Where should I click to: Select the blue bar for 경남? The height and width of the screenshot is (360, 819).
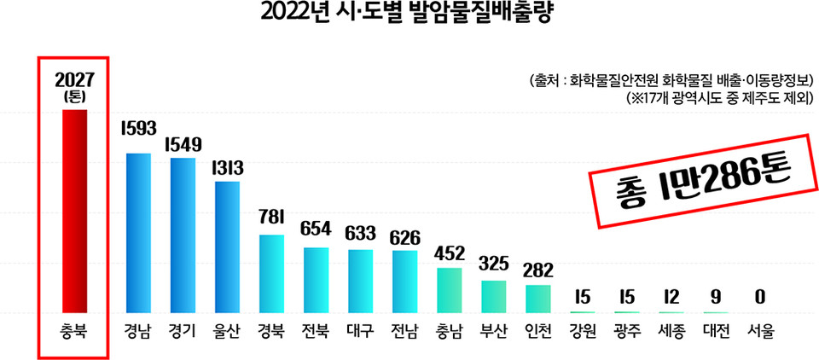click(138, 232)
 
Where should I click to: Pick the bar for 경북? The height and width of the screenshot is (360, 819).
click(271, 272)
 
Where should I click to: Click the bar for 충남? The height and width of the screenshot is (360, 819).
click(449, 289)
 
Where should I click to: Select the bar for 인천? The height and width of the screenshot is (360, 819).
click(537, 298)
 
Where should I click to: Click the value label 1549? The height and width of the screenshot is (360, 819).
click(183, 144)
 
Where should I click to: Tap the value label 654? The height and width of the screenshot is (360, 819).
click(316, 229)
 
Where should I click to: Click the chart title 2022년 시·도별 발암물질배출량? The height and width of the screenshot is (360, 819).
click(409, 15)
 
